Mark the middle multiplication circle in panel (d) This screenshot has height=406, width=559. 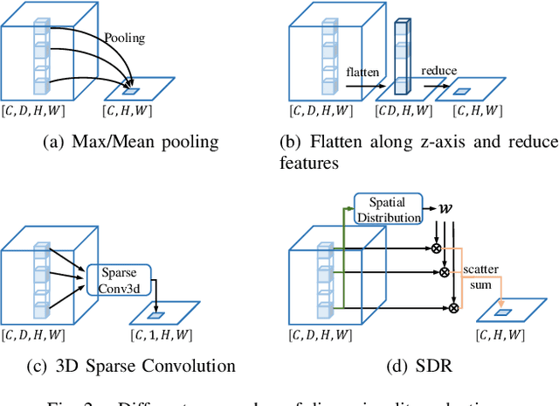444,272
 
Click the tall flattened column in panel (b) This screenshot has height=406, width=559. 401,56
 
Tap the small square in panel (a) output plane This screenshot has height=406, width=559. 129,90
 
